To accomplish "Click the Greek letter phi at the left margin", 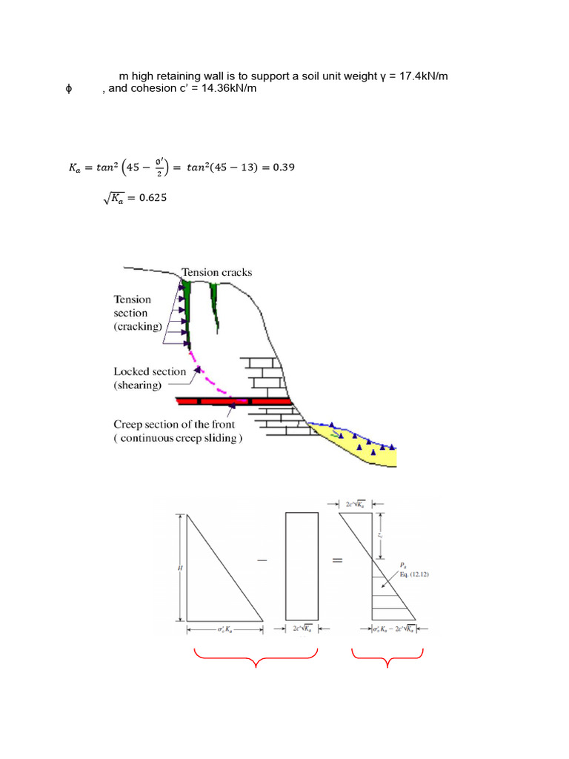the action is click(x=68, y=90).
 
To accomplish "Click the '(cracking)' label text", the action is click(x=139, y=326).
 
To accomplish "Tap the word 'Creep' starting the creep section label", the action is click(x=128, y=425).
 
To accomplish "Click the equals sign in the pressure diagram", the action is click(x=336, y=561).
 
